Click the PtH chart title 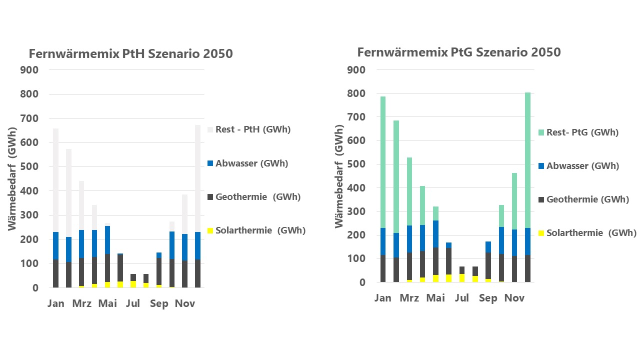(130, 53)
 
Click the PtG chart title (459, 52)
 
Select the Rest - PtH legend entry (252, 129)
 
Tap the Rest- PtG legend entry (582, 132)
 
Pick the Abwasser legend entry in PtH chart (251, 163)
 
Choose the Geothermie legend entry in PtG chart (587, 199)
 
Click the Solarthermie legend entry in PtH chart (260, 230)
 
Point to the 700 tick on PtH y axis (29, 118)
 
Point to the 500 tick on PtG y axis (356, 164)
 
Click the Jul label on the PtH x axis (133, 303)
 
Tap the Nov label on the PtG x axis (514, 298)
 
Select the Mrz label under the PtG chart (409, 298)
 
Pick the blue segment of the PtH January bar (55, 246)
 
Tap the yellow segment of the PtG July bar (462, 278)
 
